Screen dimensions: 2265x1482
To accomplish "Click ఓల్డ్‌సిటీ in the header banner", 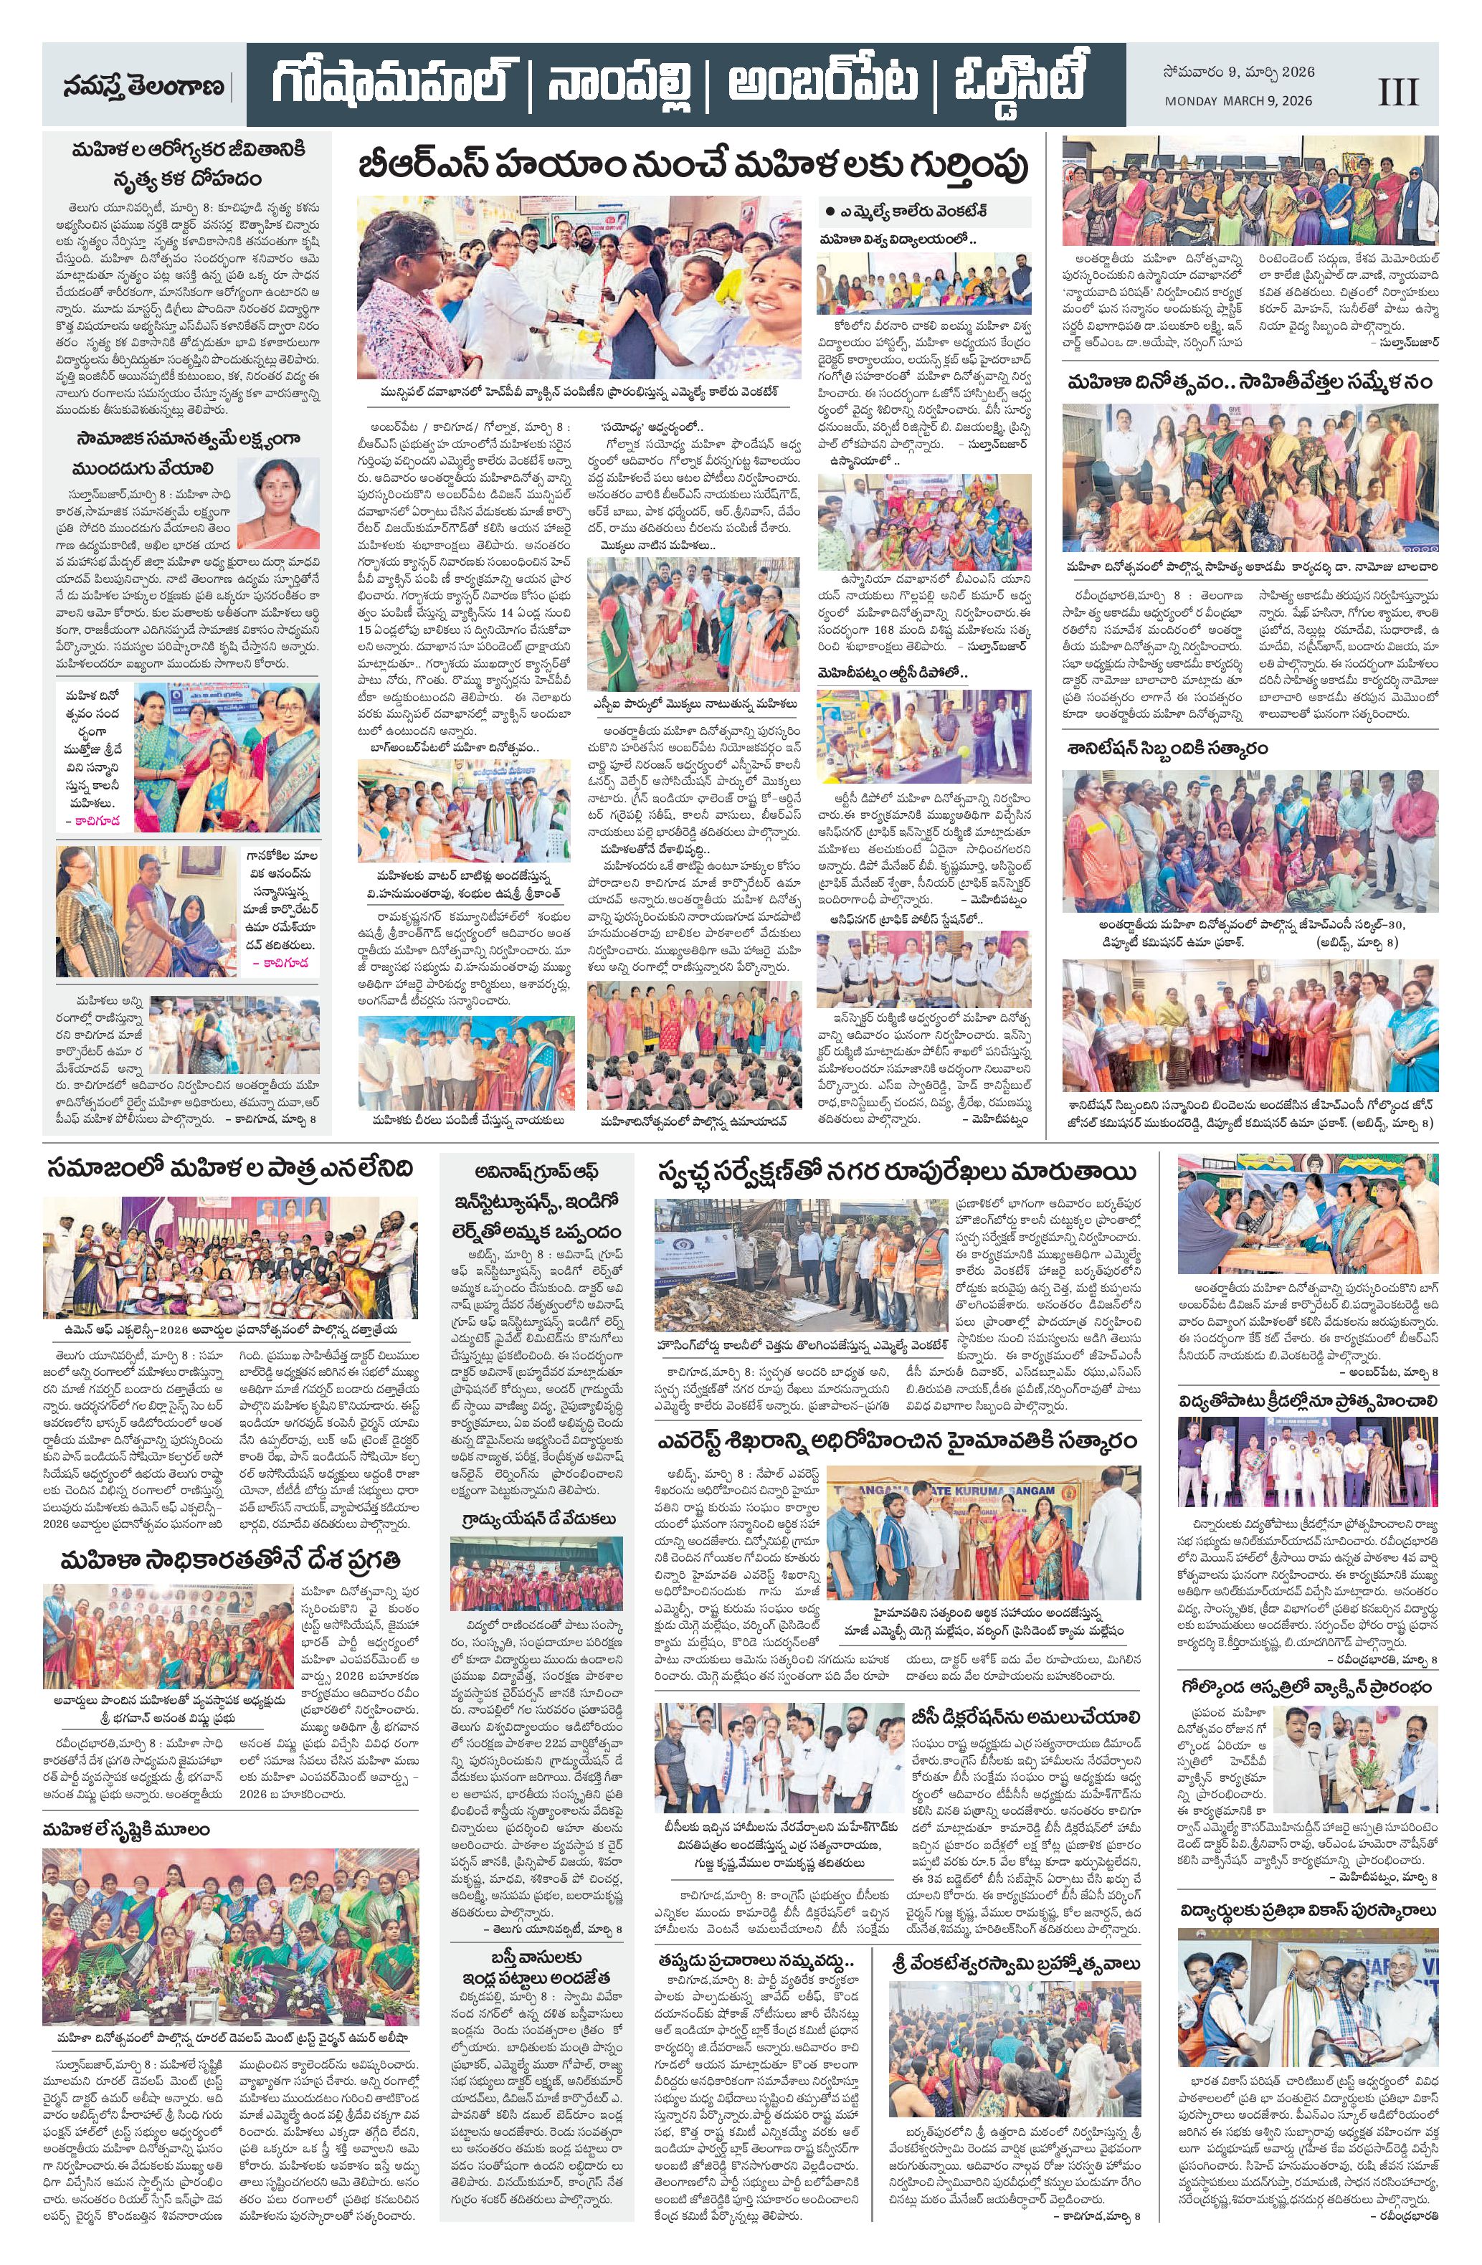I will [1017, 85].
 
